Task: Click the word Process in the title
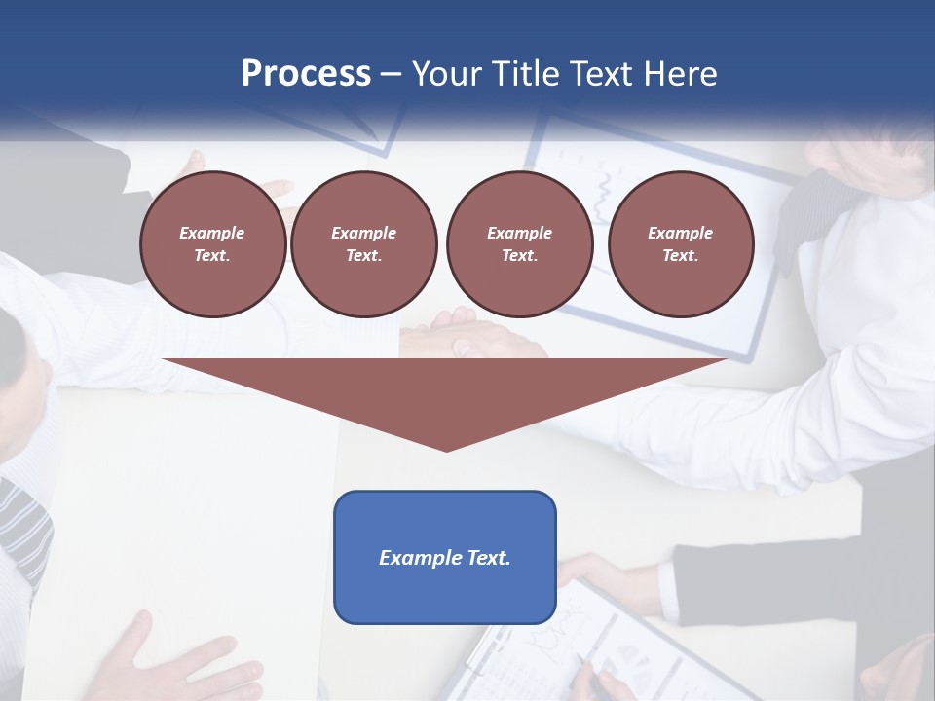[306, 74]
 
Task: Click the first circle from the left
[212, 244]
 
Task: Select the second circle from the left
[363, 244]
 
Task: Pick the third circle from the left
[519, 244]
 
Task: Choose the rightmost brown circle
[680, 244]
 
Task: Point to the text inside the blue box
[445, 558]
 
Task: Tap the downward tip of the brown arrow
[446, 448]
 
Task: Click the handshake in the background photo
[467, 336]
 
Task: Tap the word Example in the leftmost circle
[212, 233]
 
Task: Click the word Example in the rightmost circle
[680, 233]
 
